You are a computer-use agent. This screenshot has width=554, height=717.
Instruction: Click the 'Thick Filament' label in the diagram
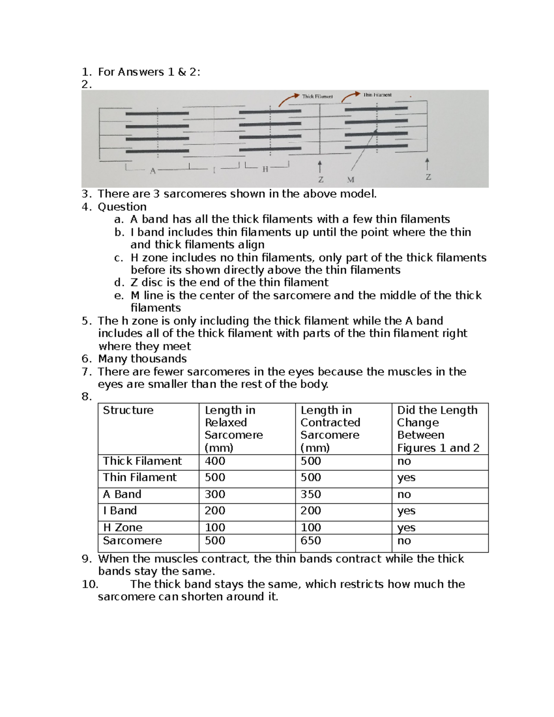[x=317, y=96]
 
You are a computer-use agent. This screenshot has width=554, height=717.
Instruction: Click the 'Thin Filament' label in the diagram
[x=377, y=95]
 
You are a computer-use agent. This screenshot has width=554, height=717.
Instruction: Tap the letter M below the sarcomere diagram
[x=350, y=180]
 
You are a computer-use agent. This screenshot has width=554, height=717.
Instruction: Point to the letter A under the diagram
[x=153, y=171]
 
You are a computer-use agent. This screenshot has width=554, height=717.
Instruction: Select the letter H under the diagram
[x=265, y=169]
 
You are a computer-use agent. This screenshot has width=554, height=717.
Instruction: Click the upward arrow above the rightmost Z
[x=427, y=164]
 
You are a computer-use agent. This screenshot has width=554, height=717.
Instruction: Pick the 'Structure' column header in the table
[x=128, y=410]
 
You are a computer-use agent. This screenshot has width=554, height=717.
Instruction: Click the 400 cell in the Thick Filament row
[x=215, y=461]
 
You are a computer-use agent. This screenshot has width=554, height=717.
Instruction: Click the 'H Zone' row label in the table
[x=122, y=527]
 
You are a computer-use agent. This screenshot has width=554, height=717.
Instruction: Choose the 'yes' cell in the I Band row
[x=406, y=511]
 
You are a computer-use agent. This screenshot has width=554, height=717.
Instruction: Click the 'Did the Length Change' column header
[x=437, y=416]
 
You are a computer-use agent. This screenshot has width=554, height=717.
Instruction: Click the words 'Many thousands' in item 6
[x=142, y=359]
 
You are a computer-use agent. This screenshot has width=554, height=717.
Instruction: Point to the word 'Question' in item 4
[x=122, y=206]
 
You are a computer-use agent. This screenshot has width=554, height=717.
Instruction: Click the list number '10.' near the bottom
[x=90, y=584]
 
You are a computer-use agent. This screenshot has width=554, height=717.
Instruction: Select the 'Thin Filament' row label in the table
[x=139, y=477]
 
